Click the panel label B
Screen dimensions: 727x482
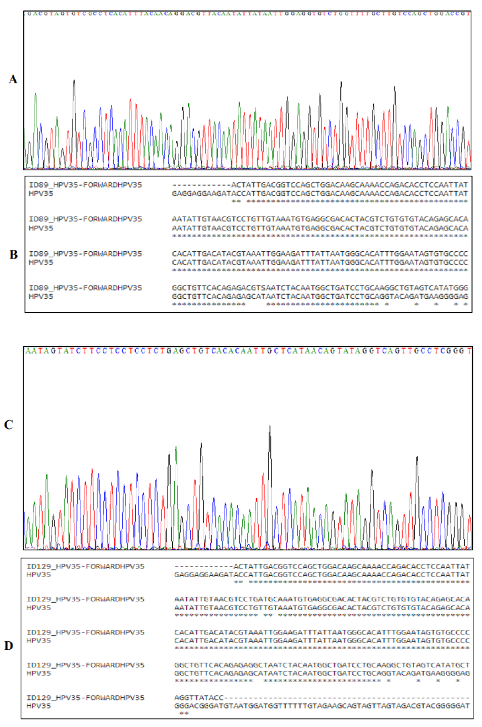13,254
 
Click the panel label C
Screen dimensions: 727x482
8,425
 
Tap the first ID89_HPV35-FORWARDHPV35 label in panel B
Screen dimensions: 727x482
85,185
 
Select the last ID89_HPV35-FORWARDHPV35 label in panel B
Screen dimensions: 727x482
85,288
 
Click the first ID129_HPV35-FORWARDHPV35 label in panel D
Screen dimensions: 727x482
85,566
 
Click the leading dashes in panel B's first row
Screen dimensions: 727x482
201,185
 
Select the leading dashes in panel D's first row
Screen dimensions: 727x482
203,566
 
